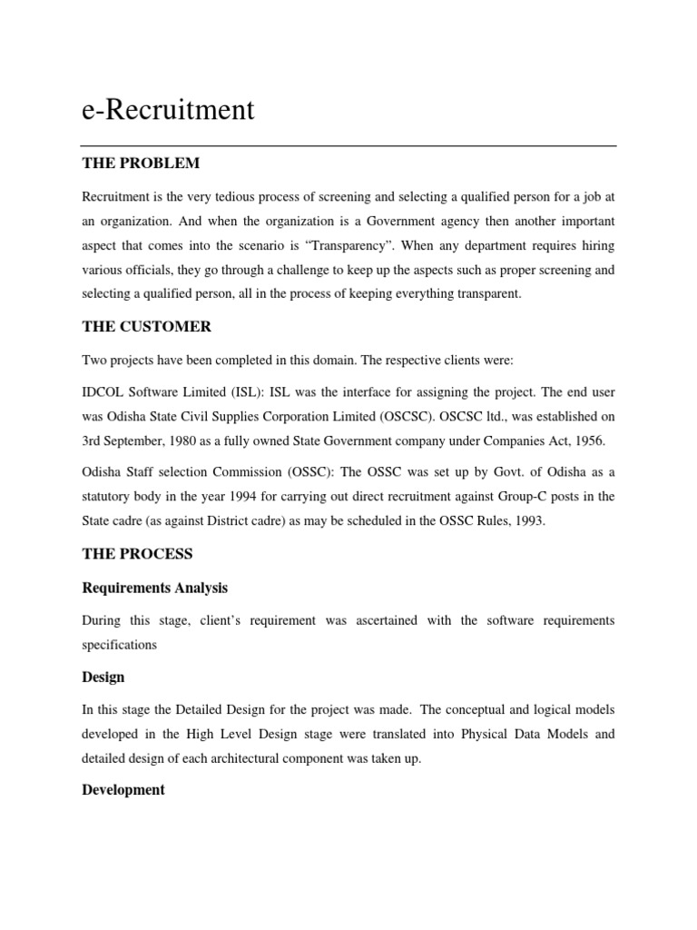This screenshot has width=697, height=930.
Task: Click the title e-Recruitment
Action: click(168, 111)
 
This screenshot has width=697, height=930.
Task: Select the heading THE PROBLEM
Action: click(141, 163)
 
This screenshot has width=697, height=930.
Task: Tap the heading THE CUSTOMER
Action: click(146, 327)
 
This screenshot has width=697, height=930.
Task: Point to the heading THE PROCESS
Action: click(137, 554)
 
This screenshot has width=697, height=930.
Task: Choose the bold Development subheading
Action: click(123, 790)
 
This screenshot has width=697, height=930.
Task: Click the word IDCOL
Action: click(103, 392)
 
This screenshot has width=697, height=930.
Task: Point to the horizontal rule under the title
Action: click(348, 145)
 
